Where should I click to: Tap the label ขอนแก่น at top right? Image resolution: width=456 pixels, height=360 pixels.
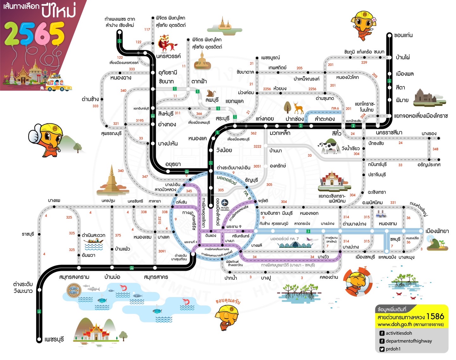[x=403, y=35]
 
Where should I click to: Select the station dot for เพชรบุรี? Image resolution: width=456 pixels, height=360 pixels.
[x=39, y=339]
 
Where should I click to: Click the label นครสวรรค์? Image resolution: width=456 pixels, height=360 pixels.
[x=168, y=56]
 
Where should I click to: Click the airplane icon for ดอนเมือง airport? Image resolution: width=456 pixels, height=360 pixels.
[x=225, y=202]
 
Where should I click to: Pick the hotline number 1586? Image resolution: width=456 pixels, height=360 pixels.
[x=435, y=316]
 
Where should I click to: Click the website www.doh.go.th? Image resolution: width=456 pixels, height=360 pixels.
[x=395, y=324]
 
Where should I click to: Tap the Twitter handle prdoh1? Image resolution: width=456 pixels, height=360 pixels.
[x=393, y=349]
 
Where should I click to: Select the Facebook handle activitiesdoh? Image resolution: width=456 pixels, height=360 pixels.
[x=399, y=333]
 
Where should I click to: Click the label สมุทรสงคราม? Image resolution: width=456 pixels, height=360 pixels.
[x=74, y=277]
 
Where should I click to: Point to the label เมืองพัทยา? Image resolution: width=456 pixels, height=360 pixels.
[x=437, y=231]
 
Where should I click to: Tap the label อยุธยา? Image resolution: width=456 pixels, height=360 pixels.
[x=173, y=164]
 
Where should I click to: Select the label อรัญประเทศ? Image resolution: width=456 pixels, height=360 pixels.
[x=429, y=165]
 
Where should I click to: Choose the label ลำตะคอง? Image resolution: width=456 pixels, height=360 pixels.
[x=325, y=119]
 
